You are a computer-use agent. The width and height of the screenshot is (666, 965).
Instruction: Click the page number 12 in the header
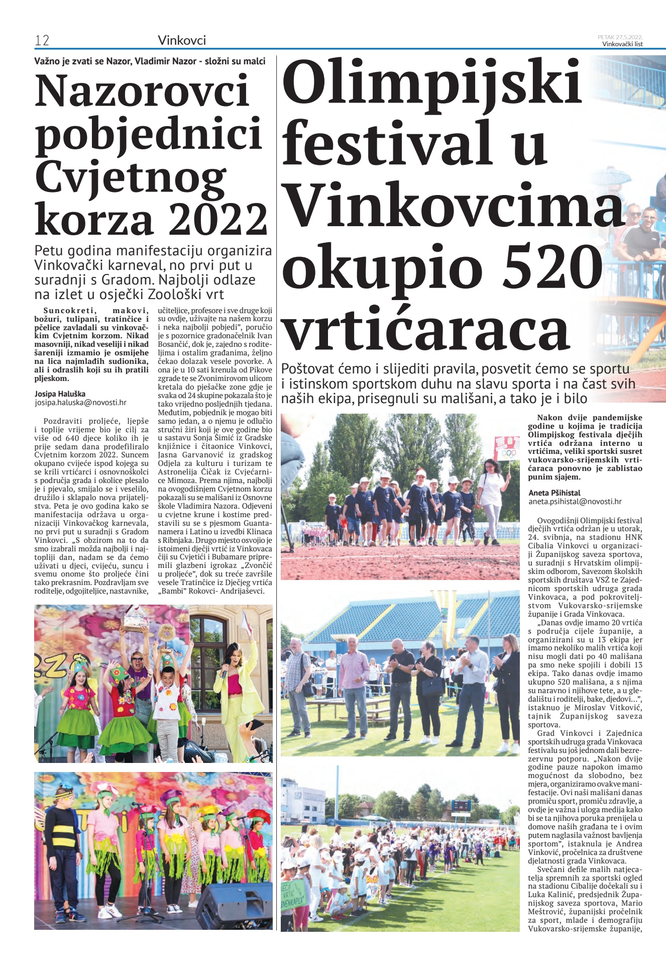pos(42,40)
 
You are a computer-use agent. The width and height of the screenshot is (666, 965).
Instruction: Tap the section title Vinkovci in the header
pos(182,40)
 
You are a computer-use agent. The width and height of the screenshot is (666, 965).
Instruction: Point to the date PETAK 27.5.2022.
pos(620,37)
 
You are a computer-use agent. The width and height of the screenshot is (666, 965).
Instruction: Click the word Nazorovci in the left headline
pos(142,91)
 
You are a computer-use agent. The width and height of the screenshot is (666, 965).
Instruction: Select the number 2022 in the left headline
pos(218,219)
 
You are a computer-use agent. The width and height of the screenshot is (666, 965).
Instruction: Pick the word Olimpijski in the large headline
pos(432,83)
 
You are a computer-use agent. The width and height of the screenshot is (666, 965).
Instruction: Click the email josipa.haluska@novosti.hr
pos(80,403)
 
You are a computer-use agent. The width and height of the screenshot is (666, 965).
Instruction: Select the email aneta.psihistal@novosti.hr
pos(575,501)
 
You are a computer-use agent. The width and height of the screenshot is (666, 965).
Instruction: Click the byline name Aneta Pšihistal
pos(554,493)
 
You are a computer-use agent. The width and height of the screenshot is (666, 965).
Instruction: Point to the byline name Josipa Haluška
pos(60,394)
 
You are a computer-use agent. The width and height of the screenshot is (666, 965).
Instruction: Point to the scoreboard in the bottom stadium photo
pos(461,805)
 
